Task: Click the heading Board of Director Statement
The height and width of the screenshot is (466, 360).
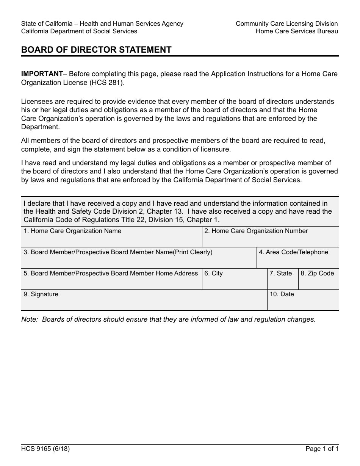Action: (96, 50)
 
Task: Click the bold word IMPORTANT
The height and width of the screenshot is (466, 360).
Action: (42, 74)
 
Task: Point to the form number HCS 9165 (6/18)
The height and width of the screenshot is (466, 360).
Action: (45, 449)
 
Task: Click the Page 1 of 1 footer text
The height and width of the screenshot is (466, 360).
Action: (322, 449)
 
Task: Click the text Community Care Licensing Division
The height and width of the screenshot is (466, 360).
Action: (286, 23)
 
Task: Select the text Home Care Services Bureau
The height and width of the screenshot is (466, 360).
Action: (297, 31)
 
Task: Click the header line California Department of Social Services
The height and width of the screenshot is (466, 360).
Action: (79, 31)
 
